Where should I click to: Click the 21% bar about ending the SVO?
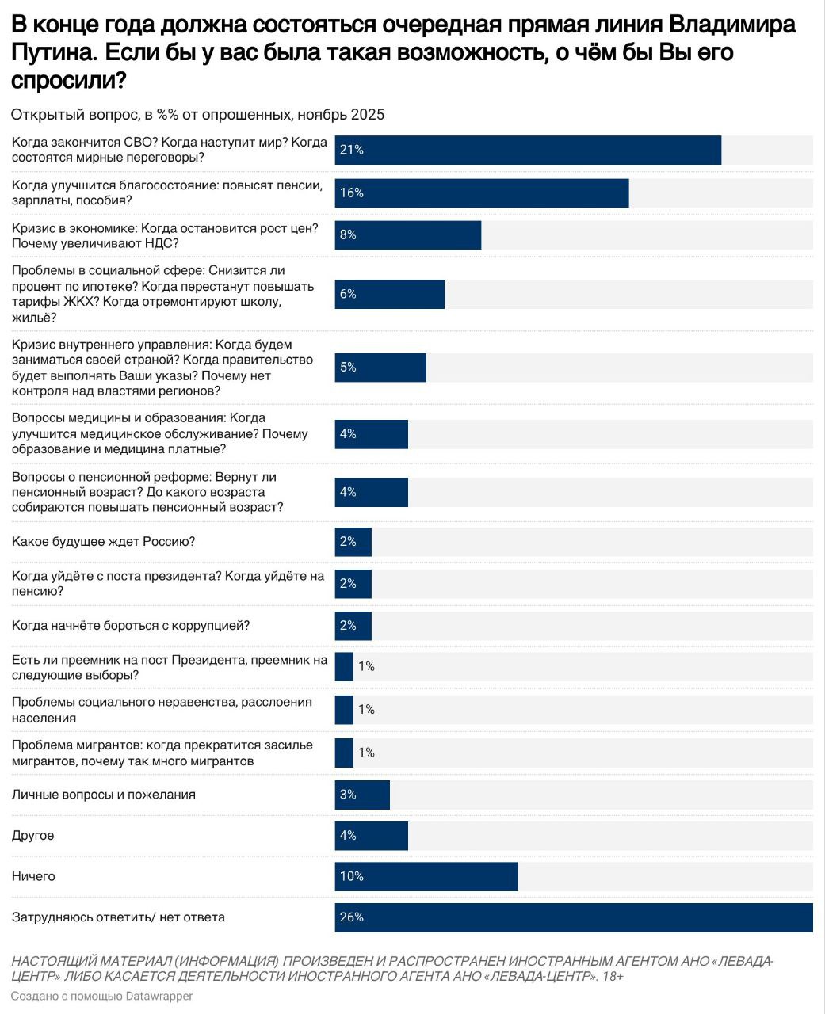pos(528,150)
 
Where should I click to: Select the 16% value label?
pos(351,193)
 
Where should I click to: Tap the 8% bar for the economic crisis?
pos(407,235)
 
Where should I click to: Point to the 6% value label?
pos(348,294)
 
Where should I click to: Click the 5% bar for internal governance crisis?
pos(380,368)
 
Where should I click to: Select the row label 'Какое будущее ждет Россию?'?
pos(104,542)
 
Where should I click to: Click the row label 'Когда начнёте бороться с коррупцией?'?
pos(131,626)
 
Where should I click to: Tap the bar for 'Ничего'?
pos(426,877)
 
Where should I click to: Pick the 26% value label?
pos(351,917)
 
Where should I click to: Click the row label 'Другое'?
pos(33,836)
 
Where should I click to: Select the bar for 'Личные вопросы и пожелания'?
pos(362,795)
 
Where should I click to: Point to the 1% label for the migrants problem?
pos(366,753)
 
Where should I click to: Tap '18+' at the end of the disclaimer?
pos(612,977)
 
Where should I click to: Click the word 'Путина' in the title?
pos(53,53)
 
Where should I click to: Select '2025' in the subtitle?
pos(368,115)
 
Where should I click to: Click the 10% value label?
pos(351,877)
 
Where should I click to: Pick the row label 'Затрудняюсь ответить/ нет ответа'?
pos(119,917)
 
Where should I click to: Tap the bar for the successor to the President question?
pos(344,667)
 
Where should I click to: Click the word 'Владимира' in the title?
pos(732,25)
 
